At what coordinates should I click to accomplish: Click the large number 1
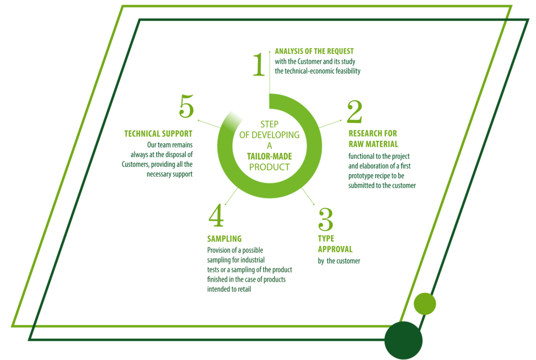(x=259, y=65)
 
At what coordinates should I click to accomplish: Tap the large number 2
(x=354, y=112)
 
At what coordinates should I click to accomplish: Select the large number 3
(x=326, y=220)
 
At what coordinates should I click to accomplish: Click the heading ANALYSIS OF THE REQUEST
(x=314, y=51)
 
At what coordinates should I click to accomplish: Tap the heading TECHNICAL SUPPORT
(x=158, y=133)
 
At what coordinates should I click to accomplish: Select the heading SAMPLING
(x=224, y=239)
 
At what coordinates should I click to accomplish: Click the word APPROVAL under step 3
(x=335, y=249)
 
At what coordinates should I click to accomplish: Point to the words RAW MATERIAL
(x=373, y=144)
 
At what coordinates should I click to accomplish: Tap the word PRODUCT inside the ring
(x=269, y=167)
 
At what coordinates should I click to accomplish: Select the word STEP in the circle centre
(x=269, y=124)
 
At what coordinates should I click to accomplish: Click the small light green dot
(x=425, y=303)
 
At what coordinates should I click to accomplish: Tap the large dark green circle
(x=403, y=340)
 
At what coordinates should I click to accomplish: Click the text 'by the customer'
(x=339, y=261)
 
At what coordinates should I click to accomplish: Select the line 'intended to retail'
(x=229, y=289)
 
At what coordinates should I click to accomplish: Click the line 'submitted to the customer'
(x=382, y=185)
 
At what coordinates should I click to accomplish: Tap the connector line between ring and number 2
(x=331, y=123)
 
